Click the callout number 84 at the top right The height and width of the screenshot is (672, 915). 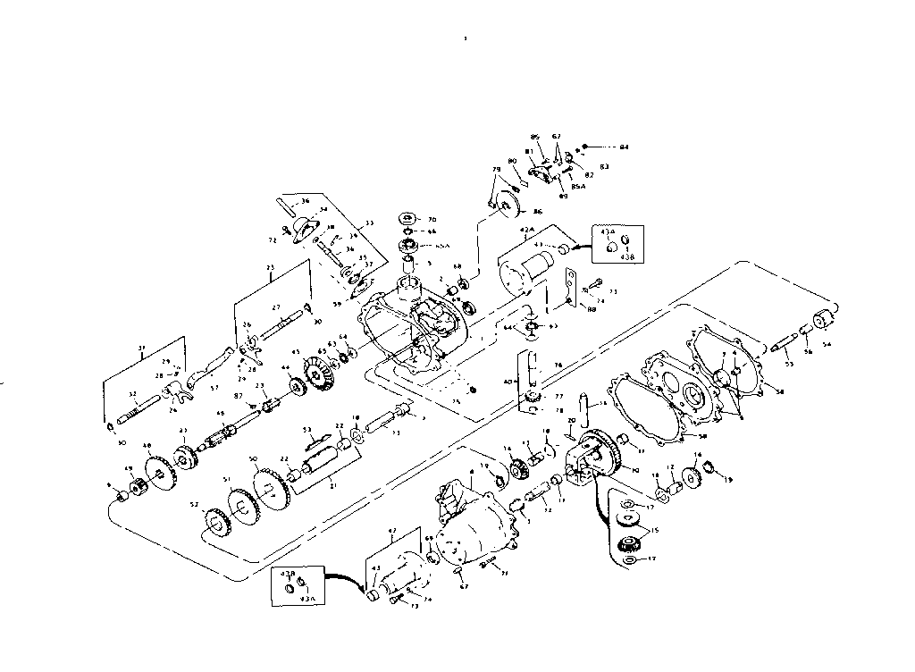625,146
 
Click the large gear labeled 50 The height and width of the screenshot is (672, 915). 266,484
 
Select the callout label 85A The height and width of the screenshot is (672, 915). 578,187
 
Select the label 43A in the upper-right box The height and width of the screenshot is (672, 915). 607,231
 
